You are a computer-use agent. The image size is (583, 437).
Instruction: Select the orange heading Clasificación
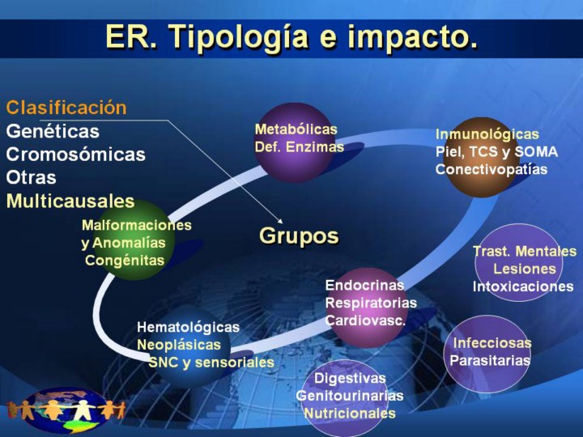click(x=66, y=108)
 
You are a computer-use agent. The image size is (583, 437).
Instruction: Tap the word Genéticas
click(x=53, y=131)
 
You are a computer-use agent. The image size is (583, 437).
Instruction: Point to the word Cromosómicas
click(x=75, y=155)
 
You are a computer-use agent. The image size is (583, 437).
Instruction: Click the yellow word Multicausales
click(x=70, y=201)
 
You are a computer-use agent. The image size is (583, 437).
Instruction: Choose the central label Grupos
click(x=299, y=236)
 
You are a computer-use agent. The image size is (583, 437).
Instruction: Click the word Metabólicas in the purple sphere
click(x=296, y=129)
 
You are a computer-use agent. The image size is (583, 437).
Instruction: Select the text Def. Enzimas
click(x=300, y=146)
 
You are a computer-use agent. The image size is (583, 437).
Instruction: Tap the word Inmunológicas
click(x=487, y=134)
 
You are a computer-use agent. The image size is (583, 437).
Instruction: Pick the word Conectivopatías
click(x=492, y=169)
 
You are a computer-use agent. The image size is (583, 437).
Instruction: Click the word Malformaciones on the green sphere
click(x=137, y=225)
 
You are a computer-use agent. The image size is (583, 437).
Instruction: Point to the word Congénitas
click(x=125, y=261)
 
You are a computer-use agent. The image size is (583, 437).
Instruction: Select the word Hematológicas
click(x=188, y=328)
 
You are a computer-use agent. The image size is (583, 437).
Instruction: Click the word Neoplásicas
click(x=179, y=345)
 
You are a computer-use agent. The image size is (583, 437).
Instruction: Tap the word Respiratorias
click(x=371, y=303)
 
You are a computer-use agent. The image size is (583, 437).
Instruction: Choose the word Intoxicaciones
click(x=523, y=286)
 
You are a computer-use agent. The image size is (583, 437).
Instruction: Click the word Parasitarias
click(x=490, y=360)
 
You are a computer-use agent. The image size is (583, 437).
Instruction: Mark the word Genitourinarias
click(x=350, y=396)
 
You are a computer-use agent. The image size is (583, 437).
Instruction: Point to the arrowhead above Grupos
click(x=281, y=221)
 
